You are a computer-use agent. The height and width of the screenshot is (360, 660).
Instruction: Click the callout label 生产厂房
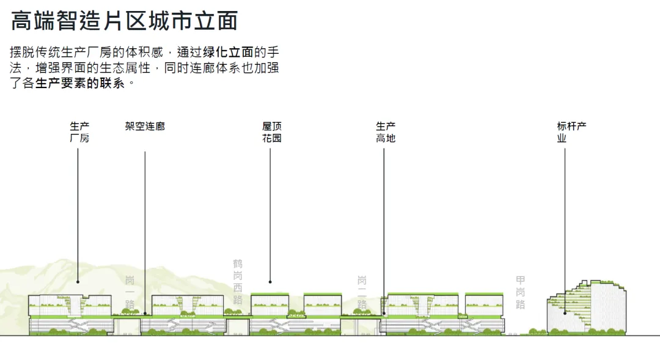(x=79, y=132)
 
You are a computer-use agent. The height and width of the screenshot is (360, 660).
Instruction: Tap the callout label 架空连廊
(x=145, y=127)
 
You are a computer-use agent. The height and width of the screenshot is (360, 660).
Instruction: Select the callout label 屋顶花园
(x=272, y=132)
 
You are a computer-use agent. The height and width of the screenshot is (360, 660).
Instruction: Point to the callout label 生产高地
(x=386, y=132)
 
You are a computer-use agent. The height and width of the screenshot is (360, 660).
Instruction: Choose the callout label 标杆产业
(x=571, y=132)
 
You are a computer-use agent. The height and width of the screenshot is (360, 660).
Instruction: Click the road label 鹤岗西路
(x=238, y=281)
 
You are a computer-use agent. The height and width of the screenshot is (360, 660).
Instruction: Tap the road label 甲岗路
(x=520, y=293)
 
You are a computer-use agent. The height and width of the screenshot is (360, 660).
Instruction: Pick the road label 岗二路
(x=362, y=293)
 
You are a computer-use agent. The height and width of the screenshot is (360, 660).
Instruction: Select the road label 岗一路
(x=130, y=293)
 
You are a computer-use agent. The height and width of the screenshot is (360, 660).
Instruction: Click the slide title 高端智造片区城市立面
(x=124, y=21)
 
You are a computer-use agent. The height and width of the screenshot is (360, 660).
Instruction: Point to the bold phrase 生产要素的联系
(x=80, y=83)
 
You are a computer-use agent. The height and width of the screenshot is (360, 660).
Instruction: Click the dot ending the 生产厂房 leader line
(x=78, y=282)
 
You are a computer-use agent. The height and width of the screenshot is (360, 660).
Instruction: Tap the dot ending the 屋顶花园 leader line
(x=270, y=282)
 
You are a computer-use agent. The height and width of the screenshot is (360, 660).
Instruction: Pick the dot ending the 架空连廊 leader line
(x=145, y=314)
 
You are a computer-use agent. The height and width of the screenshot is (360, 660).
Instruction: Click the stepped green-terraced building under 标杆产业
(x=587, y=309)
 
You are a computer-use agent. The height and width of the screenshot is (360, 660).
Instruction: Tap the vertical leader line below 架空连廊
(x=145, y=232)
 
